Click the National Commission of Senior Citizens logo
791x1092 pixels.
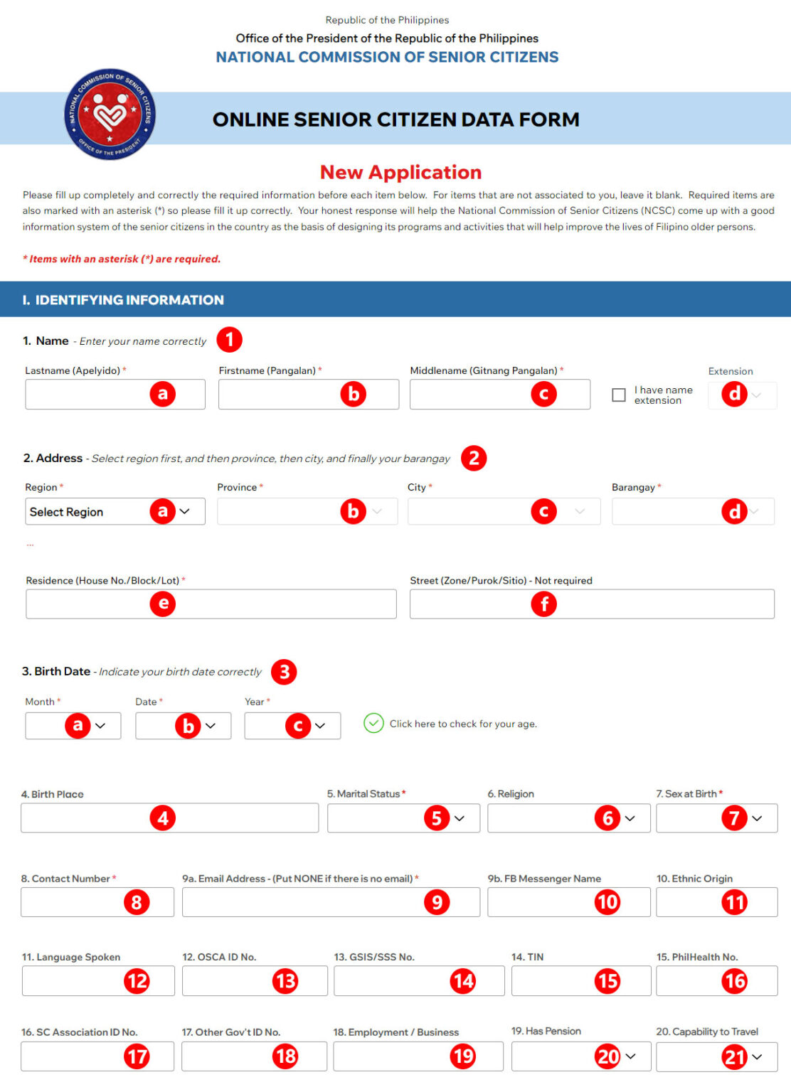[110, 114]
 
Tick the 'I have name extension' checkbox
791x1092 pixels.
[619, 395]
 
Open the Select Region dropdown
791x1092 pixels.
[115, 511]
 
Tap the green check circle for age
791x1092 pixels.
[373, 723]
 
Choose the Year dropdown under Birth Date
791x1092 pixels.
[292, 726]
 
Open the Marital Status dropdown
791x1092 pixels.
[403, 818]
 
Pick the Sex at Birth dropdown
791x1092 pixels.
[716, 818]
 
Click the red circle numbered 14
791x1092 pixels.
[463, 981]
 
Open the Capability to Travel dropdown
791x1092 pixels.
[716, 1056]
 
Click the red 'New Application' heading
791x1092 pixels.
[400, 172]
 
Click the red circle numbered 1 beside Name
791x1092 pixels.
[229, 339]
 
